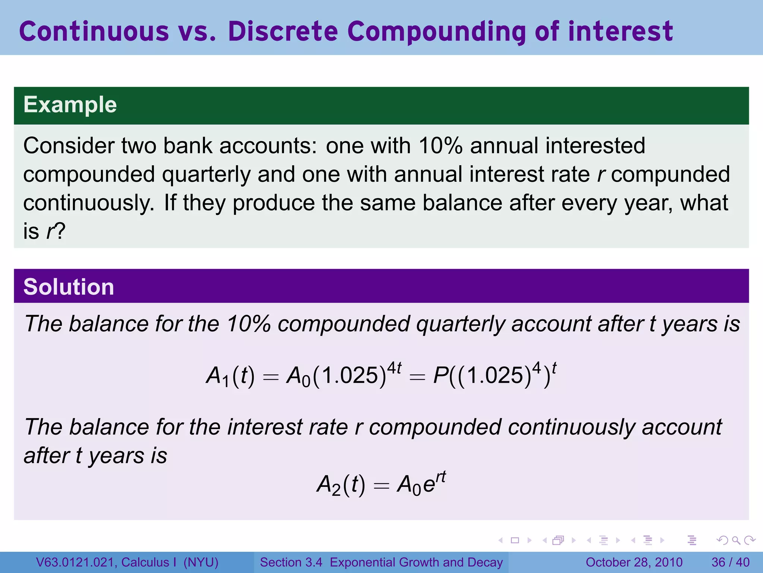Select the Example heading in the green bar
[70, 105]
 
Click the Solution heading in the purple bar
[69, 287]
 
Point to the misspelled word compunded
[670, 175]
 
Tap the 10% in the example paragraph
[440, 145]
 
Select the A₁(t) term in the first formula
[230, 375]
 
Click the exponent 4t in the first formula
[394, 368]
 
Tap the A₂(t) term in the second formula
[341, 485]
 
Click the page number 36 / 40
[730, 562]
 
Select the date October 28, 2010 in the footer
[634, 562]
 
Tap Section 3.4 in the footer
[291, 562]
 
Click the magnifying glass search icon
[736, 540]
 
